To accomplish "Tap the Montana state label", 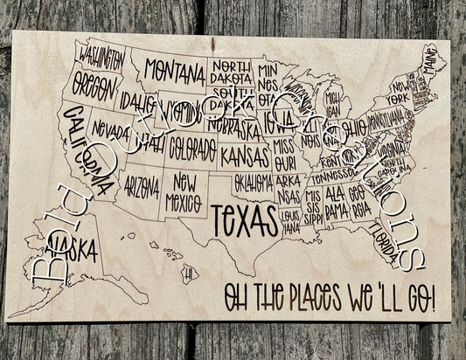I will tap(175, 69).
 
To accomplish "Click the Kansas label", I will tap(244, 156).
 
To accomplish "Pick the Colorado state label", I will tap(192, 142).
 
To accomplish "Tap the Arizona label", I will tap(142, 185).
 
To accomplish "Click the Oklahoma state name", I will tap(254, 183).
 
